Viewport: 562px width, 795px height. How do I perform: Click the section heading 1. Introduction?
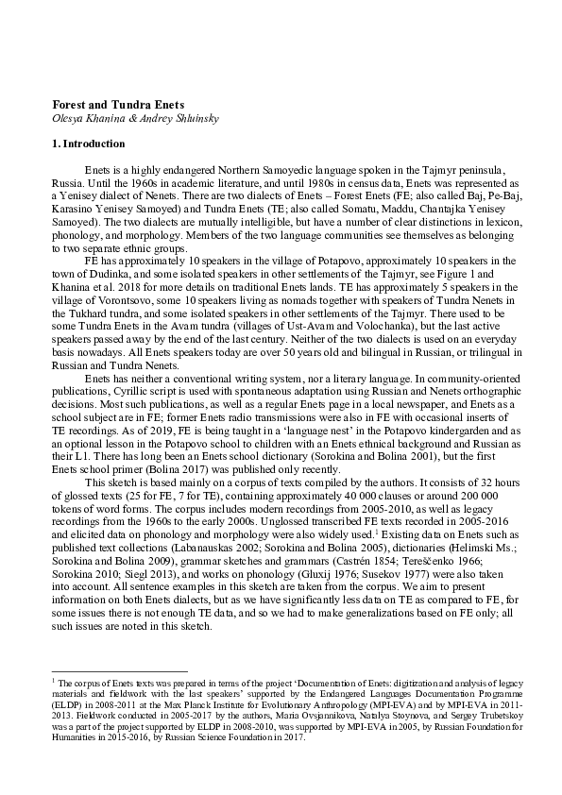(88, 144)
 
